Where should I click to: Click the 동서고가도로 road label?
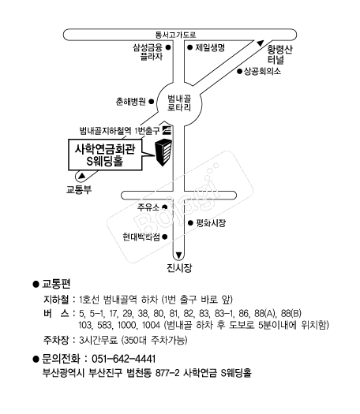click(175, 35)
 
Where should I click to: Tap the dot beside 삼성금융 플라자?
click(167, 47)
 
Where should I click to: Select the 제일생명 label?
click(210, 47)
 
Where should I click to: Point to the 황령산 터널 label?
click(279, 54)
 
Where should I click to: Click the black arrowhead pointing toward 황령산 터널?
click(261, 43)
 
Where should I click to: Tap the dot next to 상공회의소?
click(239, 71)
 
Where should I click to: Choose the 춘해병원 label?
click(131, 102)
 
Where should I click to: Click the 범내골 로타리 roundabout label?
click(179, 103)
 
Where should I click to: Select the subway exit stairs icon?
click(167, 130)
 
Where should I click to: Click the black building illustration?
click(163, 152)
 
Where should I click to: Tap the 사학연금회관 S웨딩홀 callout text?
click(105, 155)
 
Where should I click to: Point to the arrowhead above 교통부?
click(82, 176)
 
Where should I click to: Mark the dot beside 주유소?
click(165, 207)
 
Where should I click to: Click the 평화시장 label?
click(211, 223)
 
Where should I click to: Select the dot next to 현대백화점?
click(165, 237)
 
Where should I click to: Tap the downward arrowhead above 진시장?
click(178, 255)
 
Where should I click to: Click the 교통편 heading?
click(56, 284)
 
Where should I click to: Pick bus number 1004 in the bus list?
click(151, 325)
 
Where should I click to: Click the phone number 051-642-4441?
click(123, 359)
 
